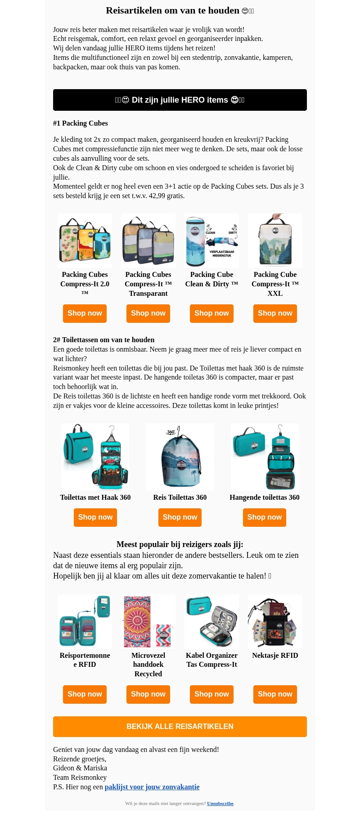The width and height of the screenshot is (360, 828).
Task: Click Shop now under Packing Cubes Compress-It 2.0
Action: (x=85, y=313)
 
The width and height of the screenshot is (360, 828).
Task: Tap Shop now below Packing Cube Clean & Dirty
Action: (x=211, y=313)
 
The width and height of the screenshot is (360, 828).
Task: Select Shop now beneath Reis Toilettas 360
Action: (x=180, y=517)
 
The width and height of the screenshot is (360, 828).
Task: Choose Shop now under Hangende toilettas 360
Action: (x=265, y=517)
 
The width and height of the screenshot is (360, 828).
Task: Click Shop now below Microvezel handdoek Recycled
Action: (x=148, y=694)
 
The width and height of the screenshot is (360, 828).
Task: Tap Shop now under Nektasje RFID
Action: (x=275, y=694)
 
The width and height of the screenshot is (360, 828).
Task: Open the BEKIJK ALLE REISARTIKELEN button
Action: (x=180, y=727)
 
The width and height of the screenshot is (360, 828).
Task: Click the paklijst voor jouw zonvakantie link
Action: (x=152, y=787)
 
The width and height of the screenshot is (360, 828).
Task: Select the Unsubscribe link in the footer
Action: (x=220, y=803)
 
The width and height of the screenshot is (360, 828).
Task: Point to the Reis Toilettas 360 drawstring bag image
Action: (x=180, y=457)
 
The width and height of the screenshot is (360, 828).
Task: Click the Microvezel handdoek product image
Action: (x=148, y=621)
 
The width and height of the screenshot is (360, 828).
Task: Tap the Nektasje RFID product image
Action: (x=275, y=621)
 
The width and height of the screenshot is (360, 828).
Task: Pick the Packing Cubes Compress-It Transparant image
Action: (x=148, y=240)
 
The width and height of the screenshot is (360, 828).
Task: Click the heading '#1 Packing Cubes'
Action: (x=81, y=123)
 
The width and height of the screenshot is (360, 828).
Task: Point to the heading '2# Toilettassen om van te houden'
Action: (x=104, y=340)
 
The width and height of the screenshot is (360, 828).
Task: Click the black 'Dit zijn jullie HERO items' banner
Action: (x=180, y=100)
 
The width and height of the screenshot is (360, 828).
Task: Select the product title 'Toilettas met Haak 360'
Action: (x=95, y=498)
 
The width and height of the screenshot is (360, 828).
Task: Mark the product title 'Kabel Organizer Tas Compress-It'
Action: (x=211, y=660)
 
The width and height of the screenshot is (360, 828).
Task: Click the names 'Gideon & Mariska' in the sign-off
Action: (x=80, y=768)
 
